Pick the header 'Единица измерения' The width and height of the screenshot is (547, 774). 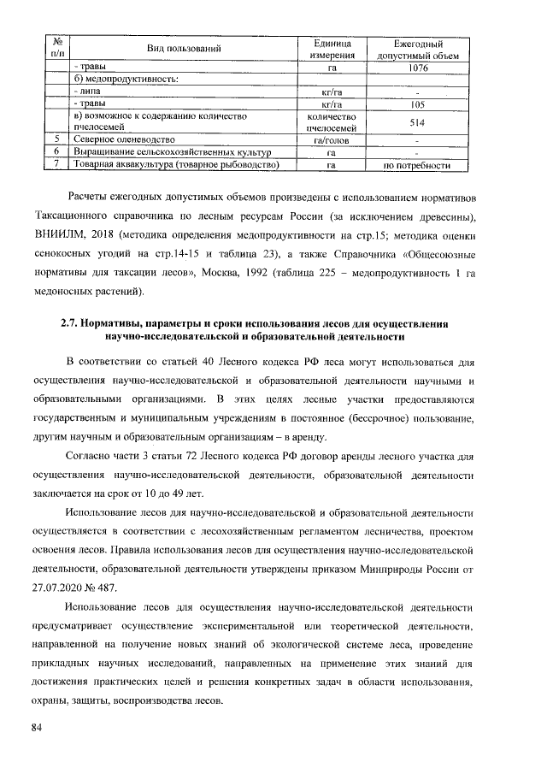coord(330,50)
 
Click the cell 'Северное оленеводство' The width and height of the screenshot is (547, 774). coord(125,139)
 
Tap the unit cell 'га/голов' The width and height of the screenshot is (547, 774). coord(330,139)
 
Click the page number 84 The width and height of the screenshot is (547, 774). coord(37,727)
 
